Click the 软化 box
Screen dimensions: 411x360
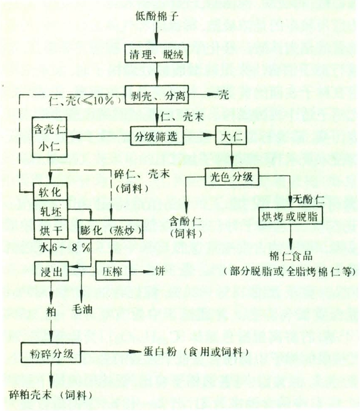[x=50, y=193]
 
